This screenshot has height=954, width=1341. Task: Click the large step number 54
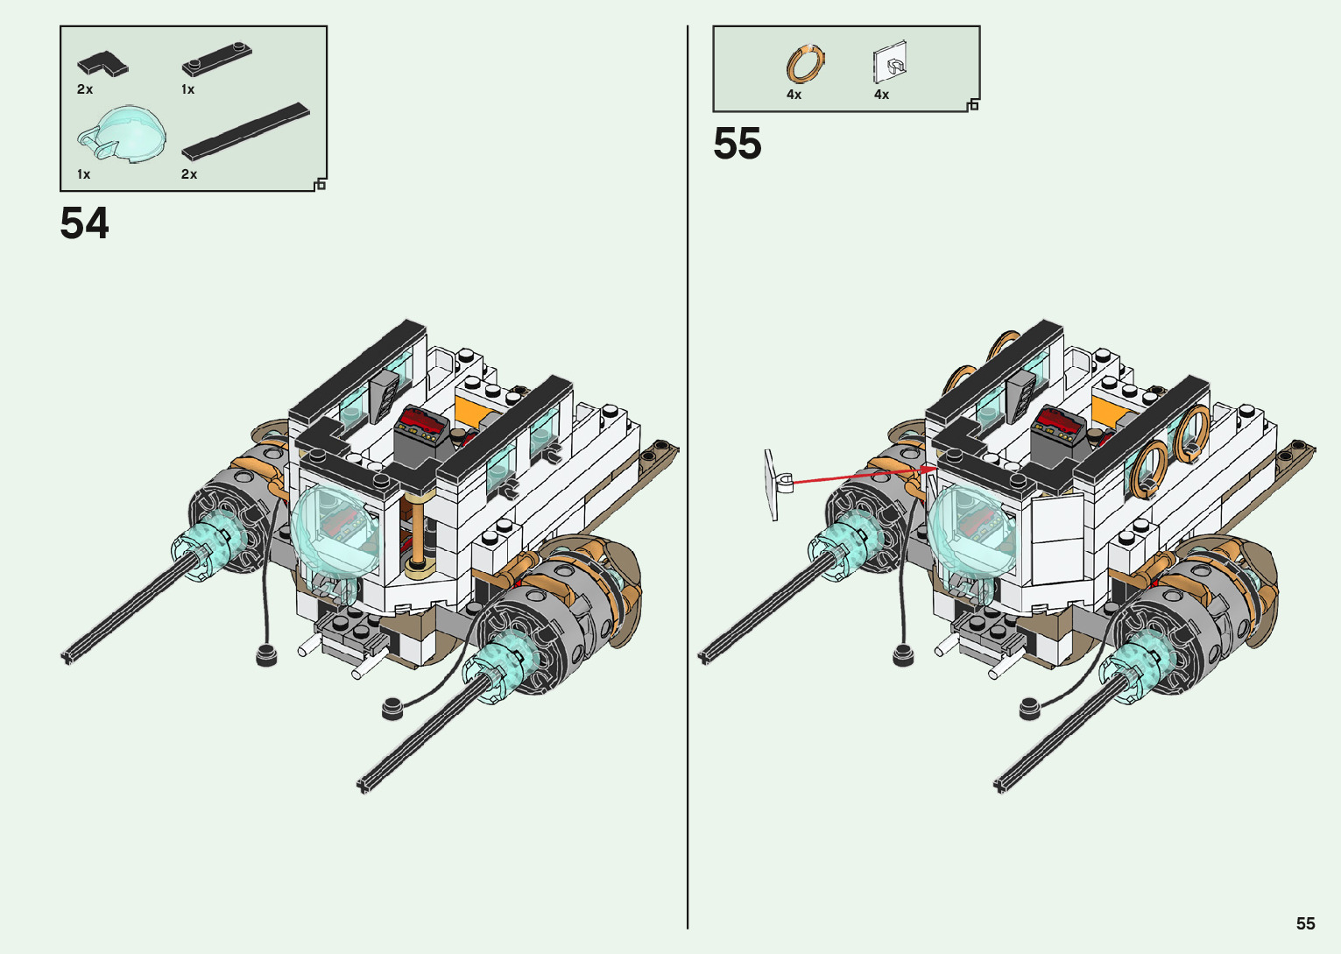tap(84, 223)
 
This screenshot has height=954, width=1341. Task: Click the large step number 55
tap(737, 144)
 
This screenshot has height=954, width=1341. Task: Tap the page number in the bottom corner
tap(1306, 923)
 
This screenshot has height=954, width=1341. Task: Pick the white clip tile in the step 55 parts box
tap(890, 62)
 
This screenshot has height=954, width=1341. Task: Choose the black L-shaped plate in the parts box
tap(103, 63)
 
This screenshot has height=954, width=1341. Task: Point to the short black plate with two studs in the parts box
tap(216, 60)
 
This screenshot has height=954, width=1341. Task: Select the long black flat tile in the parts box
tap(245, 131)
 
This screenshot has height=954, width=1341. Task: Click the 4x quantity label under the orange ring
tap(794, 95)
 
